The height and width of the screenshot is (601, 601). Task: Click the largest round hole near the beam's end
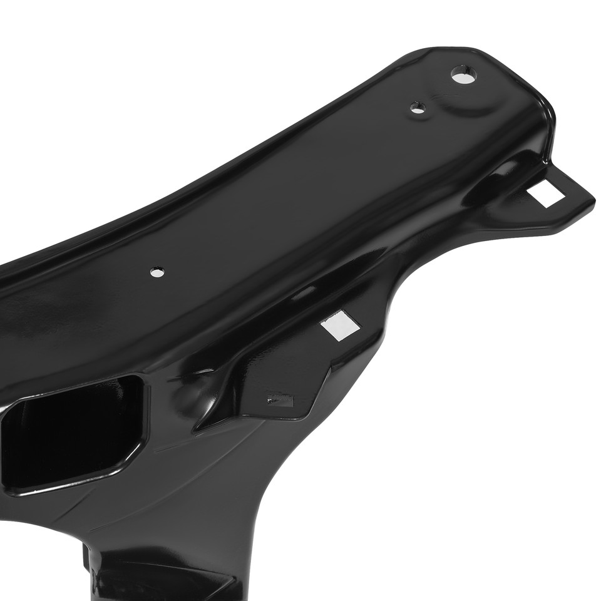tap(463, 74)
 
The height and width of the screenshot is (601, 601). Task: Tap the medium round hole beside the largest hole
tap(418, 108)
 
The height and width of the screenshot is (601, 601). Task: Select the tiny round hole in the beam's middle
tap(157, 272)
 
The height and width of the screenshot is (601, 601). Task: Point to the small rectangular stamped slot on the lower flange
tap(280, 398)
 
